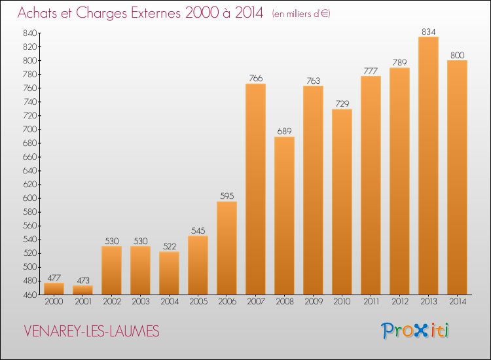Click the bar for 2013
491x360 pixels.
click(428, 166)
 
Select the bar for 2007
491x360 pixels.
click(255, 189)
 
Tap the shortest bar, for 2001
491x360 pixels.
click(82, 290)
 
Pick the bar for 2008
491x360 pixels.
click(284, 216)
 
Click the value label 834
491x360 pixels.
click(428, 31)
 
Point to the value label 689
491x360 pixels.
click(284, 131)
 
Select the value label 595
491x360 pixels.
click(227, 196)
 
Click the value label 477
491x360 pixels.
click(54, 278)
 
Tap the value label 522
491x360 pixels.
click(169, 246)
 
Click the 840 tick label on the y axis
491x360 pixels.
click(30, 33)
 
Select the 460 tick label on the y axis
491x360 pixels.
click(30, 295)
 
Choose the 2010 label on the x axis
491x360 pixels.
click(342, 301)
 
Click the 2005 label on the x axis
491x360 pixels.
click(198, 301)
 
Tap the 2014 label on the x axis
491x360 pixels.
click(457, 301)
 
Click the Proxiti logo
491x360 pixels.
click(415, 331)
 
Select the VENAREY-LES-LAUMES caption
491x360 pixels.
click(92, 331)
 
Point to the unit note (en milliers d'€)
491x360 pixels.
click(301, 14)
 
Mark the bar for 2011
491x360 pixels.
click(371, 185)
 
